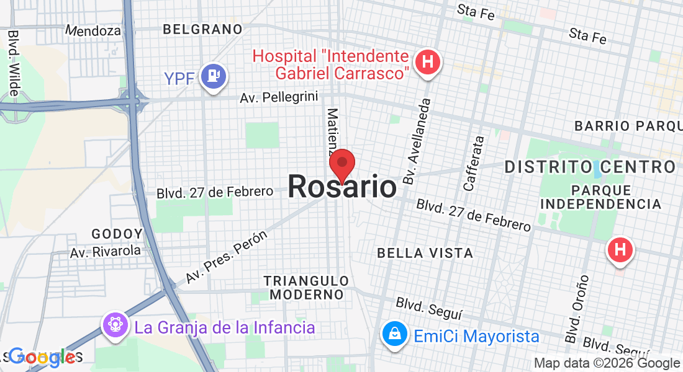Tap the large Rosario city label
pyautogui.click(x=341, y=187)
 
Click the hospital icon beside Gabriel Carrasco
pyautogui.click(x=427, y=62)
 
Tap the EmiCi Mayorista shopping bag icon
pyautogui.click(x=394, y=335)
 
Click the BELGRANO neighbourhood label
pyautogui.click(x=202, y=29)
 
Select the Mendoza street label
pyautogui.click(x=94, y=30)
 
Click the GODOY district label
pyautogui.click(x=117, y=234)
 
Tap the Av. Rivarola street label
pyautogui.click(x=106, y=252)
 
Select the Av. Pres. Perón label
pyautogui.click(x=227, y=256)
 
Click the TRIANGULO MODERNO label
pyautogui.click(x=306, y=288)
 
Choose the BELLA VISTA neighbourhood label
pyautogui.click(x=425, y=253)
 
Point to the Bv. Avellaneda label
pyautogui.click(x=416, y=141)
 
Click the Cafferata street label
pyautogui.click(x=474, y=163)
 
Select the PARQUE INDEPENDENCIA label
pyautogui.click(x=601, y=197)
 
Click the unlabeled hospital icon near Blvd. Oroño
pyautogui.click(x=619, y=250)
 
